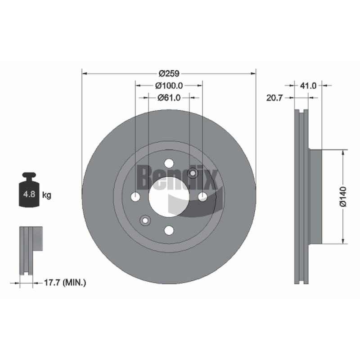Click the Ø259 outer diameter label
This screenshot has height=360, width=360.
169,74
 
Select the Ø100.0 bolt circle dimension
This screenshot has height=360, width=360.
169,86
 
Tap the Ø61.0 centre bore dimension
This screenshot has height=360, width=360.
169,98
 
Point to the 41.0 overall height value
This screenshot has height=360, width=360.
308,86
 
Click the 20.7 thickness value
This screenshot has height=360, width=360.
274,98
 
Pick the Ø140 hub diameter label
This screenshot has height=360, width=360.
343,197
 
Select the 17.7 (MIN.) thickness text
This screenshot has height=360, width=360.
65,283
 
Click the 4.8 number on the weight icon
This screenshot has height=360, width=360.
29,194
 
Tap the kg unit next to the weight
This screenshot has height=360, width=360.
47,196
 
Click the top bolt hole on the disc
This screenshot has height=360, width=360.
169,163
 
